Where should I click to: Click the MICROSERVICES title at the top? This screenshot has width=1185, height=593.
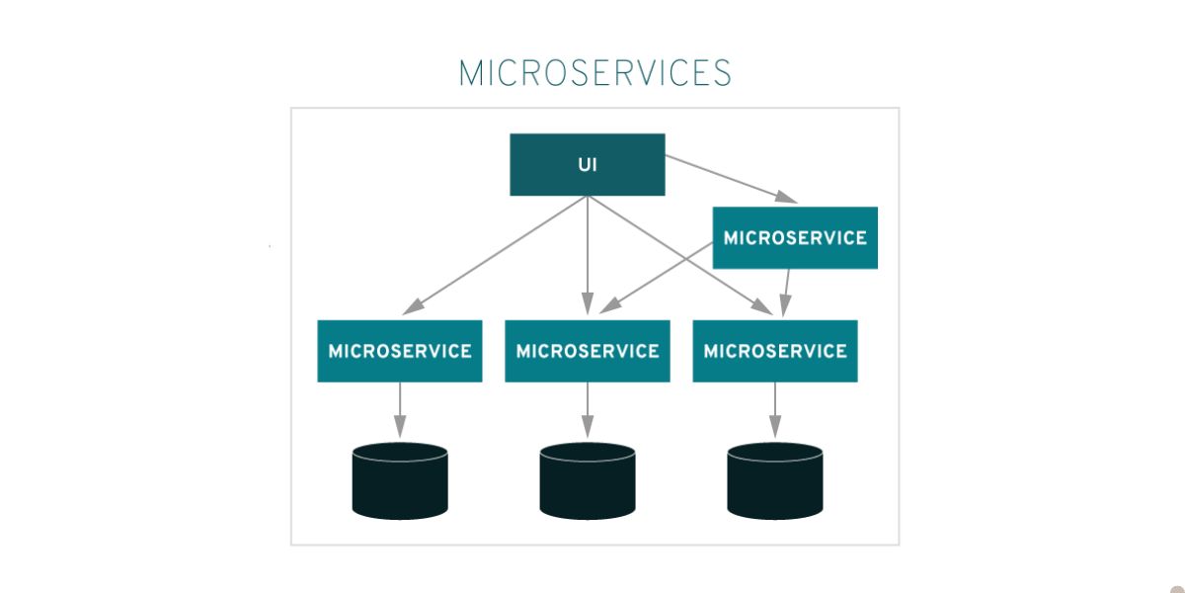tap(594, 74)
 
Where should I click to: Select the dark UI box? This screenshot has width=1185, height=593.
tap(588, 165)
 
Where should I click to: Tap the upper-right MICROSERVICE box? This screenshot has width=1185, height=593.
tap(795, 238)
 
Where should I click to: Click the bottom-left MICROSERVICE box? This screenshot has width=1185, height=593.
tap(400, 351)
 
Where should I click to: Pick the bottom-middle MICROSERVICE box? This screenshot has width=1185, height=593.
tap(588, 351)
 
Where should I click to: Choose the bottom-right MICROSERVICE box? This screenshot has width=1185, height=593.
tap(775, 351)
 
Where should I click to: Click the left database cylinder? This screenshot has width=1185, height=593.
tap(400, 480)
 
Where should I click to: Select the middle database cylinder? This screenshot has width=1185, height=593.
tap(588, 480)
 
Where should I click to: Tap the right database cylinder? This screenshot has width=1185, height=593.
tap(775, 480)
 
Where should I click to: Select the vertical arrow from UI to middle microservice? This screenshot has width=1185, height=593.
tap(588, 252)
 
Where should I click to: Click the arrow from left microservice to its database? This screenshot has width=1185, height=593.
tap(400, 407)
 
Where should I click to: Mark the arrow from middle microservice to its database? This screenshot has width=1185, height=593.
tap(588, 407)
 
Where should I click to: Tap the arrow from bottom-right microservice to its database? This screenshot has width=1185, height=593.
tap(775, 407)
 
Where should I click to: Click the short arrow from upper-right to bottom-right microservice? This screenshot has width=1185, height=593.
tap(787, 291)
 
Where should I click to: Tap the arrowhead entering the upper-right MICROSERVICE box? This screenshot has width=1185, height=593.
tap(786, 197)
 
